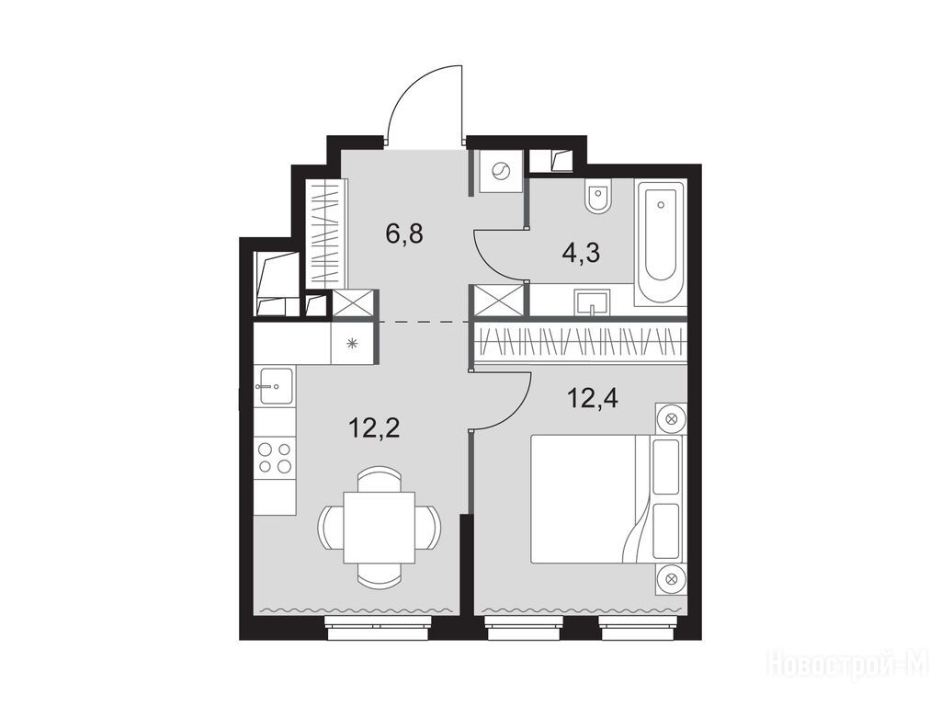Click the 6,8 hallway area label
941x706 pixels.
click(404, 233)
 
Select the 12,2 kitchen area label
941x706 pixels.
click(374, 428)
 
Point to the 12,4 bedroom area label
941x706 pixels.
click(593, 397)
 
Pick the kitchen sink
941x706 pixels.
click(276, 386)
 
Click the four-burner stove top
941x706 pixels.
click(275, 458)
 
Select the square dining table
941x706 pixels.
click(380, 528)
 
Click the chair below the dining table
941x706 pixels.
click(379, 575)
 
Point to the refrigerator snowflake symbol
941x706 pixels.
click(353, 344)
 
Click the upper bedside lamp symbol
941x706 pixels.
click(671, 419)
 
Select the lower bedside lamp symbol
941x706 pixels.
click(671, 579)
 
